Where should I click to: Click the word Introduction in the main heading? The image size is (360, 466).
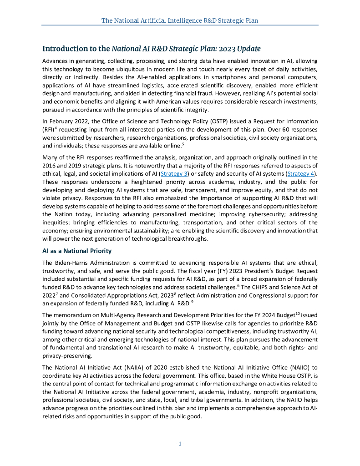coord(63,49)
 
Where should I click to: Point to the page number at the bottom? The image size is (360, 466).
coord(180,444)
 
